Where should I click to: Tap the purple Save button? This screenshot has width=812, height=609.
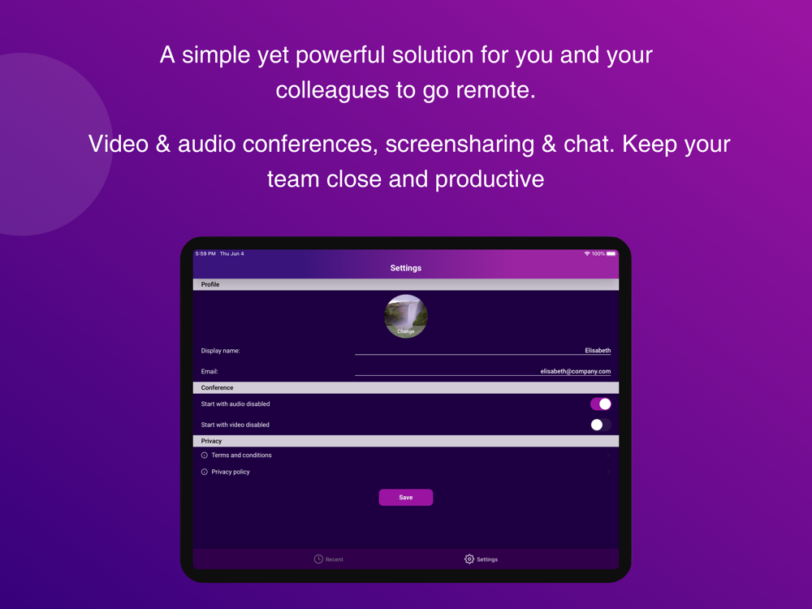click(405, 497)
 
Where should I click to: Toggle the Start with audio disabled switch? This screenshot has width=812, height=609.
click(601, 404)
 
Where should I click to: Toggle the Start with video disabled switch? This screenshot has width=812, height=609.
click(601, 425)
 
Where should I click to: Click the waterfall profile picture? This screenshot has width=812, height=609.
click(406, 317)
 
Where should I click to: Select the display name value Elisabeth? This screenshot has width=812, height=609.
click(598, 351)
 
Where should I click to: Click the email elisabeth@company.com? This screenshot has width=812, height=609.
click(576, 371)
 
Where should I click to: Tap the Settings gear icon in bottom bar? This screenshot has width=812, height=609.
click(469, 559)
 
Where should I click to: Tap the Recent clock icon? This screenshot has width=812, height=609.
click(318, 559)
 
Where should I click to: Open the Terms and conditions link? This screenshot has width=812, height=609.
click(241, 456)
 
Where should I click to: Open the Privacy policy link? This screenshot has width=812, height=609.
click(231, 472)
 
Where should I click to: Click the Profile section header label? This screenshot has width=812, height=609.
click(210, 284)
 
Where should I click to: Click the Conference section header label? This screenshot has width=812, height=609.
click(217, 388)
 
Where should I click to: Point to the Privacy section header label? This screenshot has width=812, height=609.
click(211, 441)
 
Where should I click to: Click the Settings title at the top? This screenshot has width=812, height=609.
click(405, 268)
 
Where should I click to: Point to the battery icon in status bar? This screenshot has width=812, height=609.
click(611, 253)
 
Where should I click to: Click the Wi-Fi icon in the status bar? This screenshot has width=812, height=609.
click(587, 253)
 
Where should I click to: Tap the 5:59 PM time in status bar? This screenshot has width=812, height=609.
click(205, 253)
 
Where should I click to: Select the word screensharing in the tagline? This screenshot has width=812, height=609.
click(460, 145)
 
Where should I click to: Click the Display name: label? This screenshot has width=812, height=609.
click(221, 351)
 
